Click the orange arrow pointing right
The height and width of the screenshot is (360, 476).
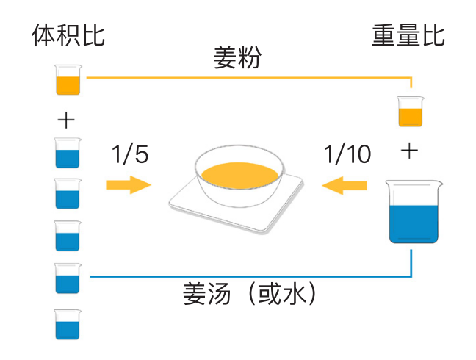click(x=128, y=184)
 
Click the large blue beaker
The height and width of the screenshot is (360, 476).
click(x=414, y=213)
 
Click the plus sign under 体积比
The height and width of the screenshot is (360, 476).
click(x=66, y=120)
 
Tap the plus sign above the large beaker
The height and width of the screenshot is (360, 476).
click(x=409, y=152)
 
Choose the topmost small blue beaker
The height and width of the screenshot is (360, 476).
click(x=68, y=153)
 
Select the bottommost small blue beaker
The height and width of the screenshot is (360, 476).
click(x=68, y=324)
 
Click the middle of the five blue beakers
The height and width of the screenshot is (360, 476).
click(x=68, y=236)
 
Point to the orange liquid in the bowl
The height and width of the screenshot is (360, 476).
click(x=239, y=175)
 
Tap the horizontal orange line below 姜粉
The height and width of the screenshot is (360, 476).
click(x=242, y=76)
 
